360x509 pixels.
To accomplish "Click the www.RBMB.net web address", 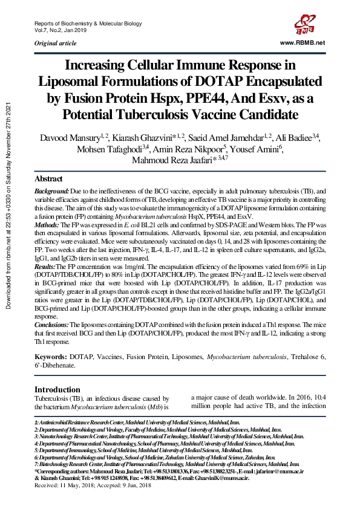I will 303,42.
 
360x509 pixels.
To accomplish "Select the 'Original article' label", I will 56,43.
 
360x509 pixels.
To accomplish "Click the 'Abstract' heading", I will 48,179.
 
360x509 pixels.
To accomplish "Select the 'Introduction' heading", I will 57,389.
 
